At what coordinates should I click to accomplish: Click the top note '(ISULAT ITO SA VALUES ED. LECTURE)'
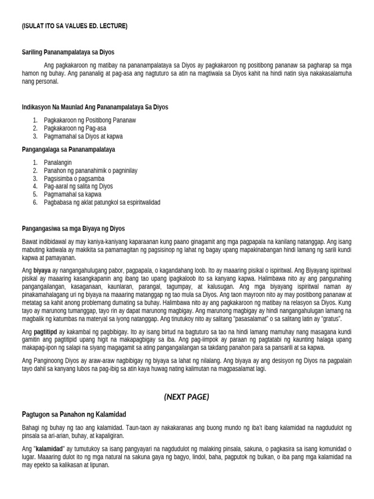75,26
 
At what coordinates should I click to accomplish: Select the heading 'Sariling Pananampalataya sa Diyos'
68,52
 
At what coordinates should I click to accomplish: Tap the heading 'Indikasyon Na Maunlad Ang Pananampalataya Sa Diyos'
95,107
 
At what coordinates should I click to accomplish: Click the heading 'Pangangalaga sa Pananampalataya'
68,149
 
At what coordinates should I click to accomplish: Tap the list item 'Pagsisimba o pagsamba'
74,178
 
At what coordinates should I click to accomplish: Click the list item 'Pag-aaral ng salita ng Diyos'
78,186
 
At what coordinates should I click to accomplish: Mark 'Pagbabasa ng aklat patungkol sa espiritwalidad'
102,202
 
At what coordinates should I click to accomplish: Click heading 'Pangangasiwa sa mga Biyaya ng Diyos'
74,228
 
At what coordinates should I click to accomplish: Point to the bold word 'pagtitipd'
43,332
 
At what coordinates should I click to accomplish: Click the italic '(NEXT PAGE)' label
187,397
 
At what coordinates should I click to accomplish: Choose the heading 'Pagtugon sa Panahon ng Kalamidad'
74,414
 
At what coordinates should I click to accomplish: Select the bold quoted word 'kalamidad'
49,448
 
